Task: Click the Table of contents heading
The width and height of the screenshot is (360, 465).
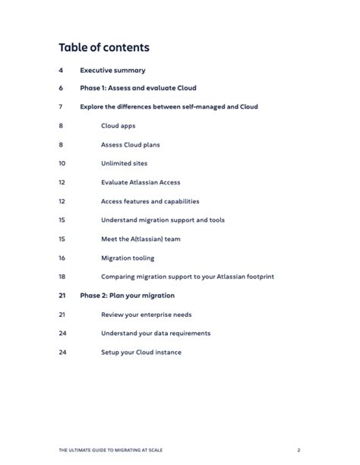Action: pos(103,48)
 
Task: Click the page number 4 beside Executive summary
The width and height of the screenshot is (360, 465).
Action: pos(60,70)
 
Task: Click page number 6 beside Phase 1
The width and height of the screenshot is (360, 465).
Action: pos(60,88)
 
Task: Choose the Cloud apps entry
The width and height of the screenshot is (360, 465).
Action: pos(118,125)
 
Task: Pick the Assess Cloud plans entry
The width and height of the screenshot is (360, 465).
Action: pos(130,144)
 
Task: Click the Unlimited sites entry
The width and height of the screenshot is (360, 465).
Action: pos(124,163)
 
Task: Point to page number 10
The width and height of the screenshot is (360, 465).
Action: pos(62,163)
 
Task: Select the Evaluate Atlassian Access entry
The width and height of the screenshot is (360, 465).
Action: pos(141,182)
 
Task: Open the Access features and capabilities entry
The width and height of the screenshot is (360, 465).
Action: pos(150,201)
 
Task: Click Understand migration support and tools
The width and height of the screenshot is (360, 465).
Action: pos(163,220)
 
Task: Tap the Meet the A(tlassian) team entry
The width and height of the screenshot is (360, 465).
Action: pos(141,239)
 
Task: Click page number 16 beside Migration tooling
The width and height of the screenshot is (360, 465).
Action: pos(62,258)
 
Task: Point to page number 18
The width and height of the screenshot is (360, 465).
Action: pos(62,277)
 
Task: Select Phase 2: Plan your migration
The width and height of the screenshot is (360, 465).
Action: pos(127,296)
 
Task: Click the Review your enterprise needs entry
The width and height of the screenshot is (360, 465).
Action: pos(145,314)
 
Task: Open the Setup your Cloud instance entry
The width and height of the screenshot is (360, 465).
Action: pos(141,352)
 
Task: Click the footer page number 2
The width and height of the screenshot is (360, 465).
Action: pos(299,450)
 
